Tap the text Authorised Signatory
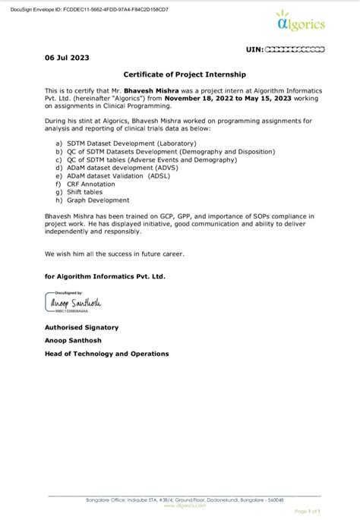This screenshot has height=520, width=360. point(81,327)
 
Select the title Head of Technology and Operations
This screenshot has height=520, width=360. point(107,353)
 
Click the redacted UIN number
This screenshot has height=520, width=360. point(295,49)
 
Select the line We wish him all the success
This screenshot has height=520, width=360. point(113,253)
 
